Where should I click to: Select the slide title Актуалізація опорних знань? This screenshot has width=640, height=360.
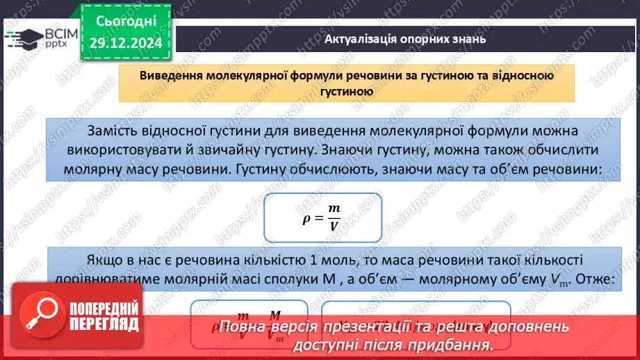[405, 39]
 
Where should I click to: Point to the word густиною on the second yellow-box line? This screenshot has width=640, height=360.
[347, 91]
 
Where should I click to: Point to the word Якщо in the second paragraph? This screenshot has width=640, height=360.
[103, 260]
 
